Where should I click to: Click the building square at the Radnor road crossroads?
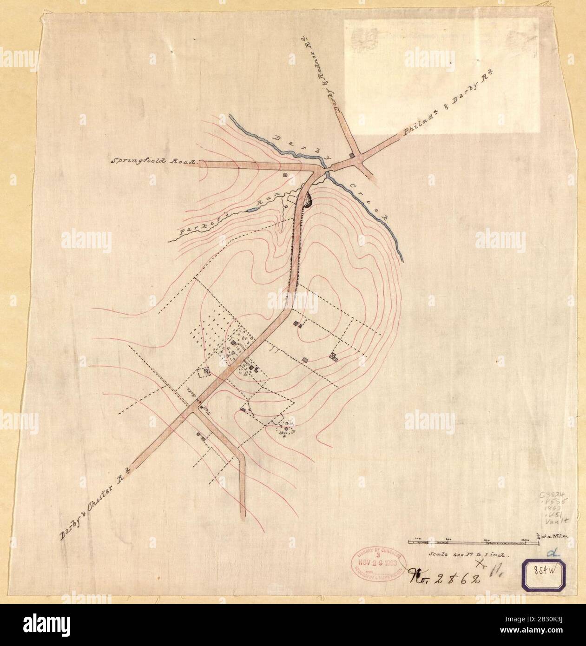[352, 155]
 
